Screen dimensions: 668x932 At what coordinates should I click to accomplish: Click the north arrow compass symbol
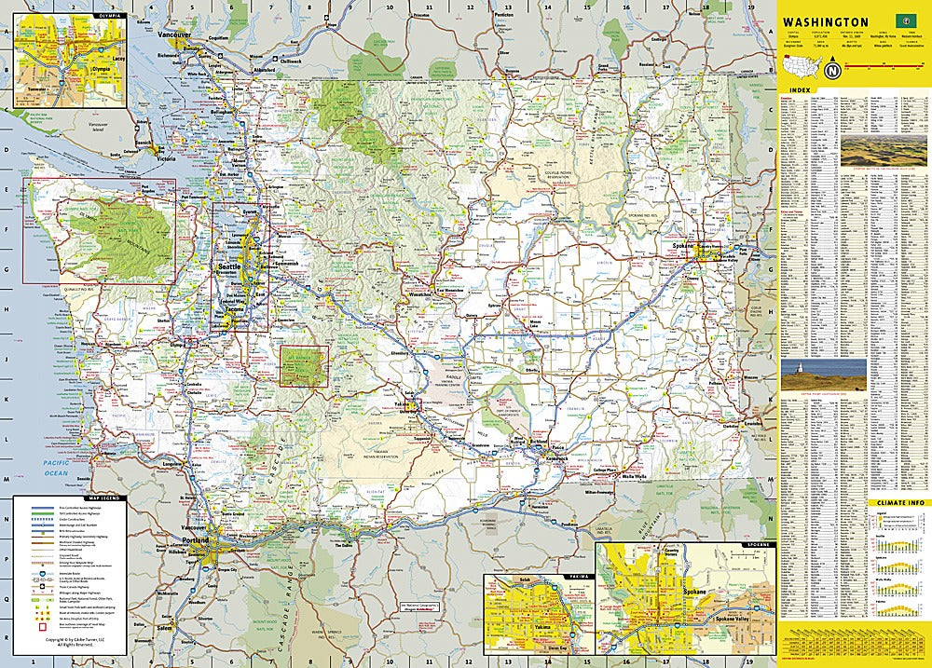click(832, 70)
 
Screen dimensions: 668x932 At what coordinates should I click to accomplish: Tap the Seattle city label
click(227, 266)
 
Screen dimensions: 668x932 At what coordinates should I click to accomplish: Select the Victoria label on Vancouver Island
click(167, 158)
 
